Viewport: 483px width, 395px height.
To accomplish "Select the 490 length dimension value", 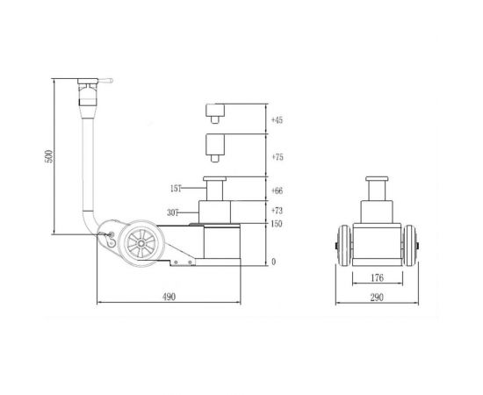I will click(169, 298).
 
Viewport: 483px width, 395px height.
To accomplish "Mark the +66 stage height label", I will click(278, 190).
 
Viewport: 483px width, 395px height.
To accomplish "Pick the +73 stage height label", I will click(278, 212).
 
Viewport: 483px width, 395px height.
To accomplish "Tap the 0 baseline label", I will click(273, 262).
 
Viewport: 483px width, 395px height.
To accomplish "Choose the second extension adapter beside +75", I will click(215, 146).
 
